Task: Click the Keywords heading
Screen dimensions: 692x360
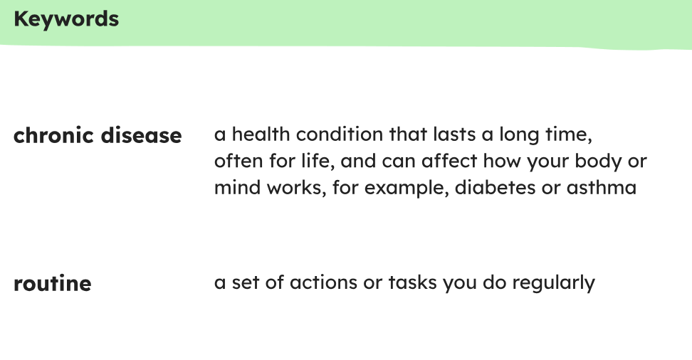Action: coord(66,19)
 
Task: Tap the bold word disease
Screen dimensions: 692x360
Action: coord(141,135)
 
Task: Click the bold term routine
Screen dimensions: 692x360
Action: coord(53,283)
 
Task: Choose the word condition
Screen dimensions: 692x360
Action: coord(340,134)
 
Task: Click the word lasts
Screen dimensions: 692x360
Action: coord(454,134)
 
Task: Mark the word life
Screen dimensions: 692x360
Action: coord(315,161)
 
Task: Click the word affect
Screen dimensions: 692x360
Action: coord(449,161)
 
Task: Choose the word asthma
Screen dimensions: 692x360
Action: coord(602,188)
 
